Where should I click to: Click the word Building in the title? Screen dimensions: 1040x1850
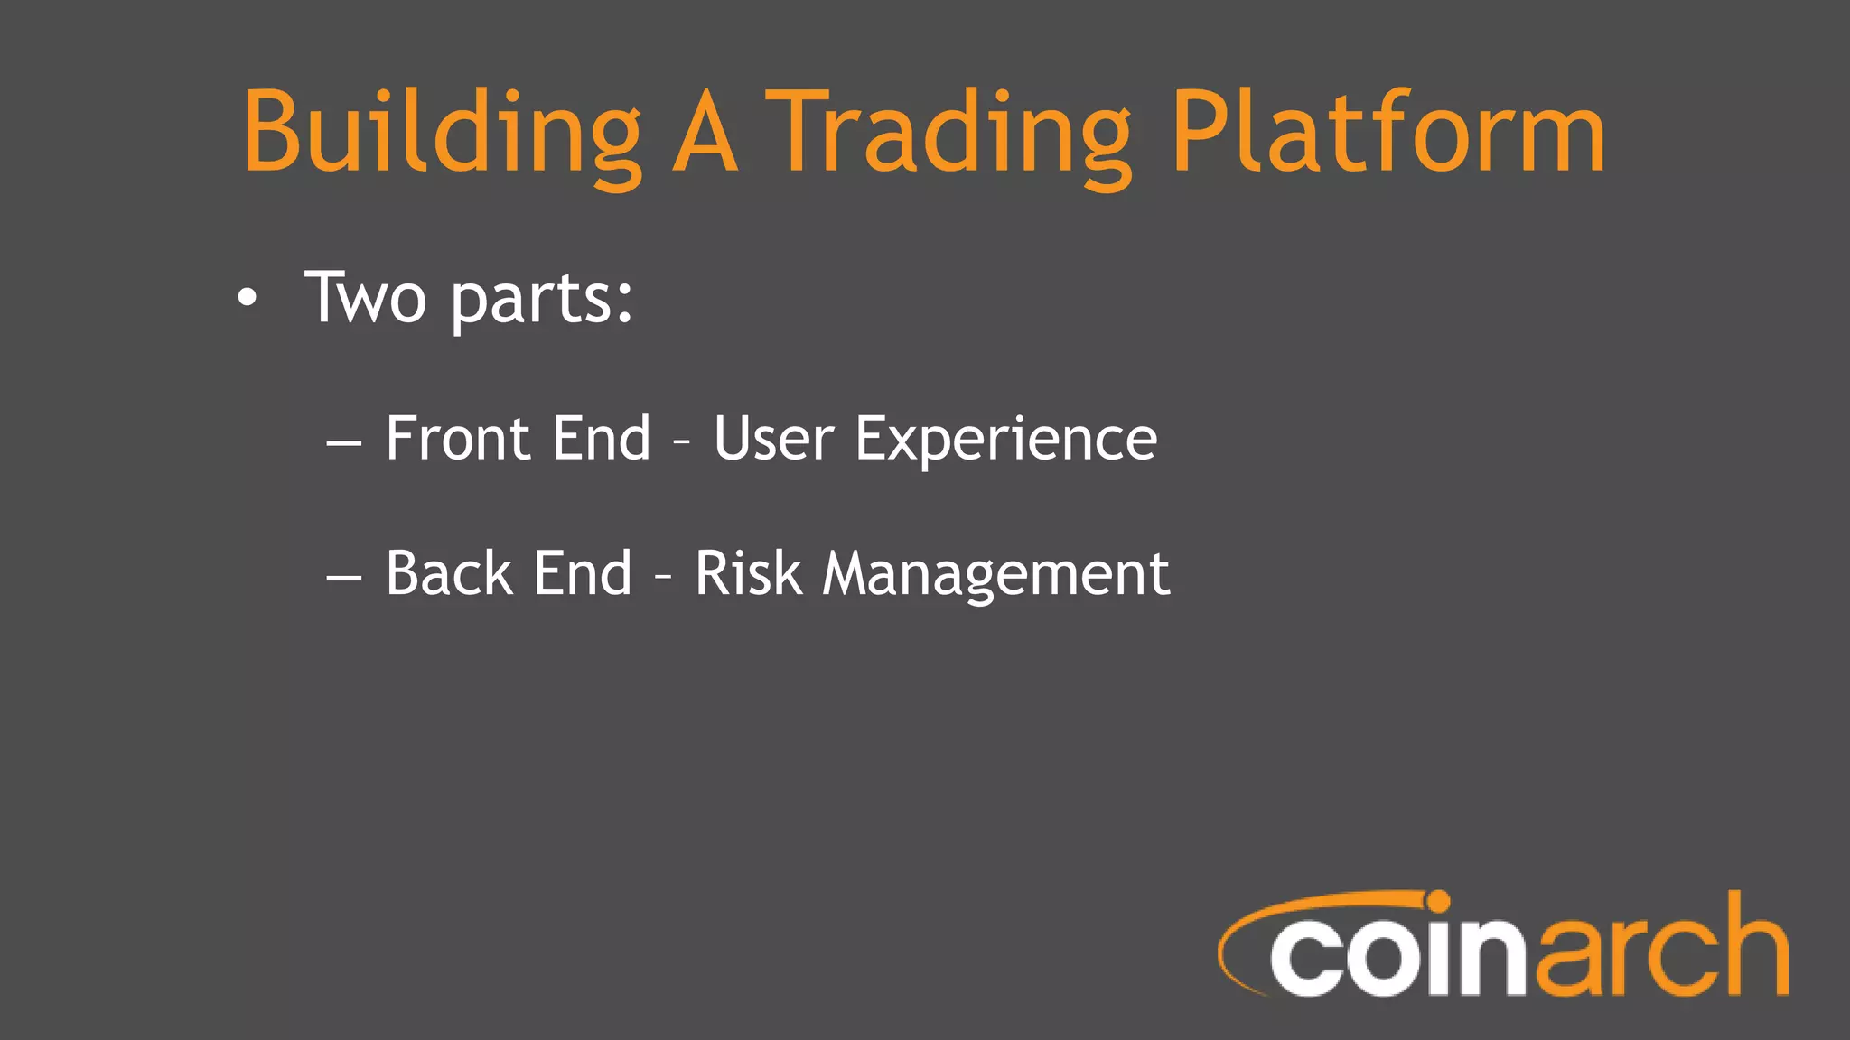click(x=441, y=133)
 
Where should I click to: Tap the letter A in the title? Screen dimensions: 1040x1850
click(x=705, y=133)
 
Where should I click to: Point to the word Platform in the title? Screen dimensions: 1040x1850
click(x=1387, y=133)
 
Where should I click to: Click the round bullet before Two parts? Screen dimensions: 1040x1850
click(x=248, y=298)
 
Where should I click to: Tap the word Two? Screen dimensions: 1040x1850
click(x=366, y=298)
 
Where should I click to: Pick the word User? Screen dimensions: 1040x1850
click(x=773, y=439)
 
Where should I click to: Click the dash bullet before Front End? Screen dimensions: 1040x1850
click(x=344, y=443)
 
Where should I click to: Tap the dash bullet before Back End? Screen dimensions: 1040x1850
click(x=344, y=578)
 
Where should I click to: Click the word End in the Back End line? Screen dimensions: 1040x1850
click(x=583, y=573)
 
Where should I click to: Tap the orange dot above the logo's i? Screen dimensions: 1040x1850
click(x=1437, y=902)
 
